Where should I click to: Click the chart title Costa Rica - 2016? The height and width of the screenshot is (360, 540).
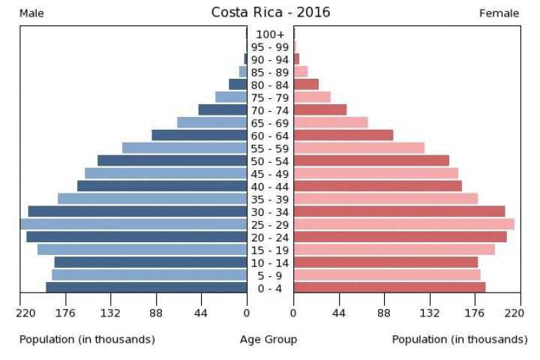pos(270,12)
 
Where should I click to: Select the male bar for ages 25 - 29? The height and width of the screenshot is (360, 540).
pos(133,224)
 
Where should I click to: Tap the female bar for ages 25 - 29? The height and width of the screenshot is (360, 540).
pos(403,224)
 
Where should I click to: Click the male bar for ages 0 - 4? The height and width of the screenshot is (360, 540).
pos(146,287)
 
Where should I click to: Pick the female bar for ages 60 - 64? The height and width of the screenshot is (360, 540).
pos(343,135)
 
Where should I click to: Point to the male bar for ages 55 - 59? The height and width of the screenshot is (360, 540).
pos(184,148)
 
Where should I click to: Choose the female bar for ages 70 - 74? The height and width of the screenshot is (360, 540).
pos(319,109)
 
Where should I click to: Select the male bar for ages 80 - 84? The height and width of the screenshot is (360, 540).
pos(238,84)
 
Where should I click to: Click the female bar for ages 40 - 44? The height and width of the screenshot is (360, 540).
pos(377,186)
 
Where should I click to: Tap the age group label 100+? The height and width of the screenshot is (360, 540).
pos(270,34)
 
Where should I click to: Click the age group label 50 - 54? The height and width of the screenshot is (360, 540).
pos(270,160)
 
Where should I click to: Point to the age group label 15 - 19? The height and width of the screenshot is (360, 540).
pos(270,250)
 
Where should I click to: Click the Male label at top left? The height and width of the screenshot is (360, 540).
pos(31,13)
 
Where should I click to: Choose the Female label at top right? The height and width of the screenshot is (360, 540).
pos(499,13)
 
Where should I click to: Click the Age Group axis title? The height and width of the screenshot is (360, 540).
pos(268,340)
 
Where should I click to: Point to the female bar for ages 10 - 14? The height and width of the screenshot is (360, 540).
pos(385,262)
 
